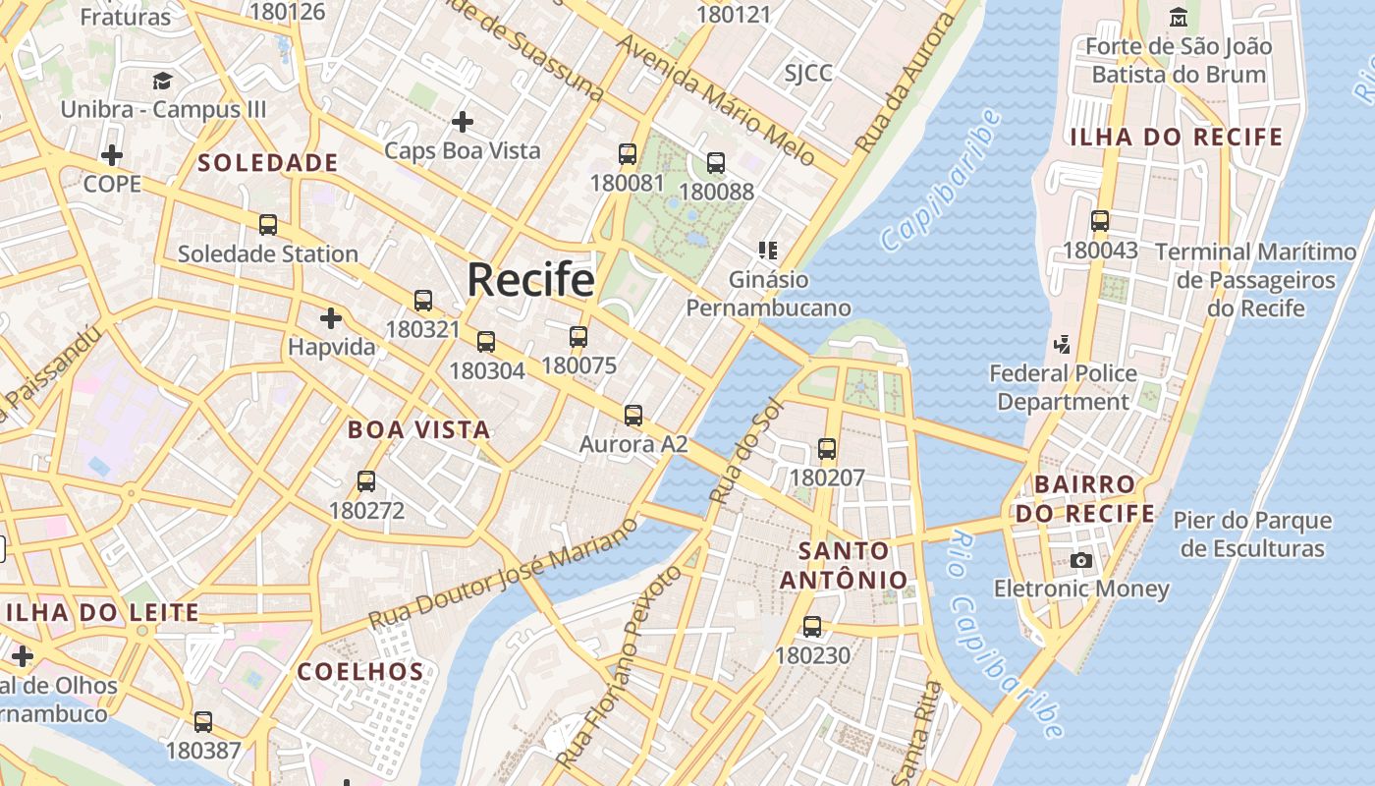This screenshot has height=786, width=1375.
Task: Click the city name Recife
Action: tap(530, 280)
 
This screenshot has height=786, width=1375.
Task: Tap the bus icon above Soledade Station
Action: tap(268, 225)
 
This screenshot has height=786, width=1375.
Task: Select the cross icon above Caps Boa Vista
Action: tap(462, 122)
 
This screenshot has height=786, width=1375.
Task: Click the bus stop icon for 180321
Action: tap(423, 301)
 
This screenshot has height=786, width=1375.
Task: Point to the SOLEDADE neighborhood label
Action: tap(268, 163)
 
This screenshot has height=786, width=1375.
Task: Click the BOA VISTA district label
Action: tap(418, 429)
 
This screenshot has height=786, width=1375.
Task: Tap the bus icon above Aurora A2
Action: tap(633, 416)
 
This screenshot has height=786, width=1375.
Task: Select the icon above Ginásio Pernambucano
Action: tap(768, 251)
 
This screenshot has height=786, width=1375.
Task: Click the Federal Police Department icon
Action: tap(1062, 344)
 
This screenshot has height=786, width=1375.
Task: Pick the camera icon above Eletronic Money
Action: tap(1081, 560)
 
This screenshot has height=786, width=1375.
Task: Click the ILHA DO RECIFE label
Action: tap(1176, 137)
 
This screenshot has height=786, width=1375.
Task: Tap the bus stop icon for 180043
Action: tap(1100, 221)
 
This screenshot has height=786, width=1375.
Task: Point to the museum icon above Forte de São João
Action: tap(1179, 17)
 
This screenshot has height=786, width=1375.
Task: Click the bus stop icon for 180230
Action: tap(812, 627)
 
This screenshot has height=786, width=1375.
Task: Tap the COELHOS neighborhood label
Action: tap(360, 672)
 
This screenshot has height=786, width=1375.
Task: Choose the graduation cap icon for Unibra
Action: tap(162, 81)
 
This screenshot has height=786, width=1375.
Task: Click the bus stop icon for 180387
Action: tap(203, 722)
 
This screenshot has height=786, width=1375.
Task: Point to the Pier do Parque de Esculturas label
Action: tap(1252, 534)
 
